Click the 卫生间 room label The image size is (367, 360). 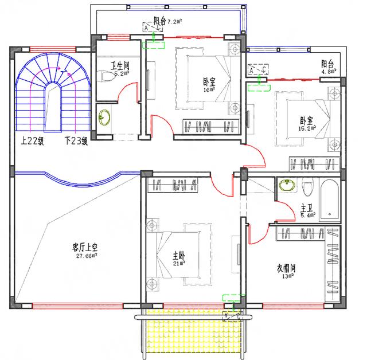click(x=119, y=66)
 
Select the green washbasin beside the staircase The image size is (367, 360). click(x=104, y=118)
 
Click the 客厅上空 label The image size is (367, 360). click(x=84, y=247)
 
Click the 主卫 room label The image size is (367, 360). click(x=306, y=208)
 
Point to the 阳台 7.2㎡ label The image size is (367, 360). click(x=167, y=21)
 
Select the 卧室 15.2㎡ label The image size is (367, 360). click(x=306, y=121)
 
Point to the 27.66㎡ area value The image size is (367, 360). click(x=85, y=256)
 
